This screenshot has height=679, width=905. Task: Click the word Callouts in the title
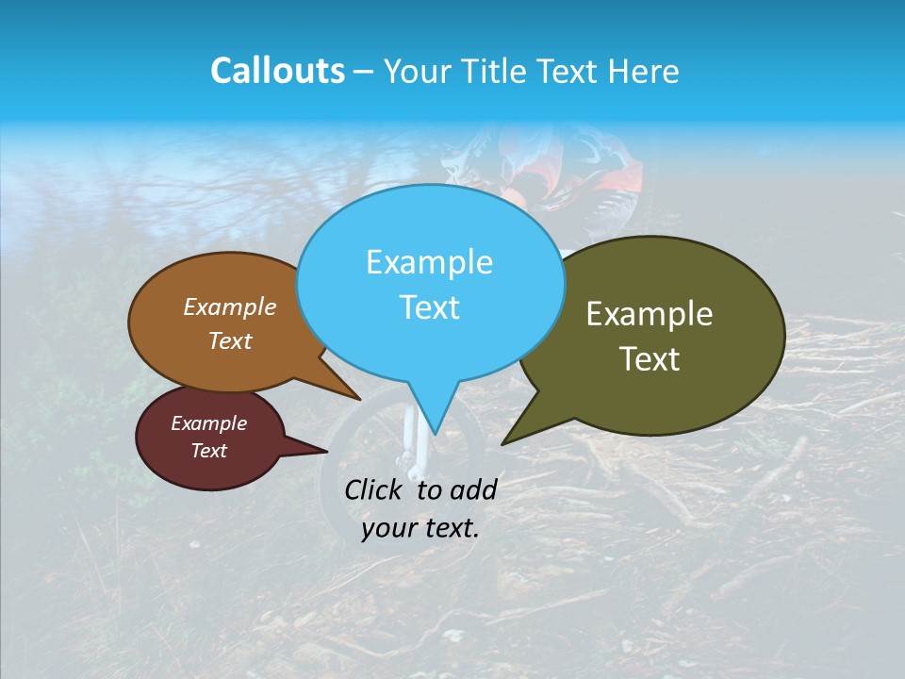(277, 71)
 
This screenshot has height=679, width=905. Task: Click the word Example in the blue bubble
(429, 262)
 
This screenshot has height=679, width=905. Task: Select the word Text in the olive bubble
(650, 359)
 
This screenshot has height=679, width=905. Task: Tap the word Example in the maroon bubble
(208, 423)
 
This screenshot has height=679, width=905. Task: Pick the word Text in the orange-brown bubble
(230, 340)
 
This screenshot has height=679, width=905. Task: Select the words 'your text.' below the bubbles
(420, 528)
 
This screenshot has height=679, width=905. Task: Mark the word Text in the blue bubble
(429, 307)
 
